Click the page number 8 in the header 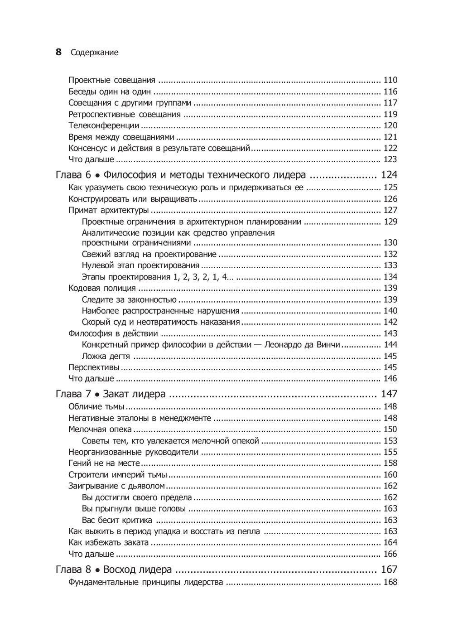(58, 52)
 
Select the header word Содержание (94, 53)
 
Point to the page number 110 (390, 80)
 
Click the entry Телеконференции (104, 125)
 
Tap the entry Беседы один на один (110, 92)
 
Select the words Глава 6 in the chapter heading (73, 175)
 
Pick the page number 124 (389, 175)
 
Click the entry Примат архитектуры (109, 210)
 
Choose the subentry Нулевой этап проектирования (141, 265)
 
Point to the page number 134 (390, 277)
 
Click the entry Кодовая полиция (102, 288)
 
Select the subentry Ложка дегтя (106, 356)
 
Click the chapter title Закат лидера (135, 394)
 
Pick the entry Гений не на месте (104, 463)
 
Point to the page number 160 (390, 475)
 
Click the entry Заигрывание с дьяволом (116, 486)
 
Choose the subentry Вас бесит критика (117, 520)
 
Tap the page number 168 (390, 582)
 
